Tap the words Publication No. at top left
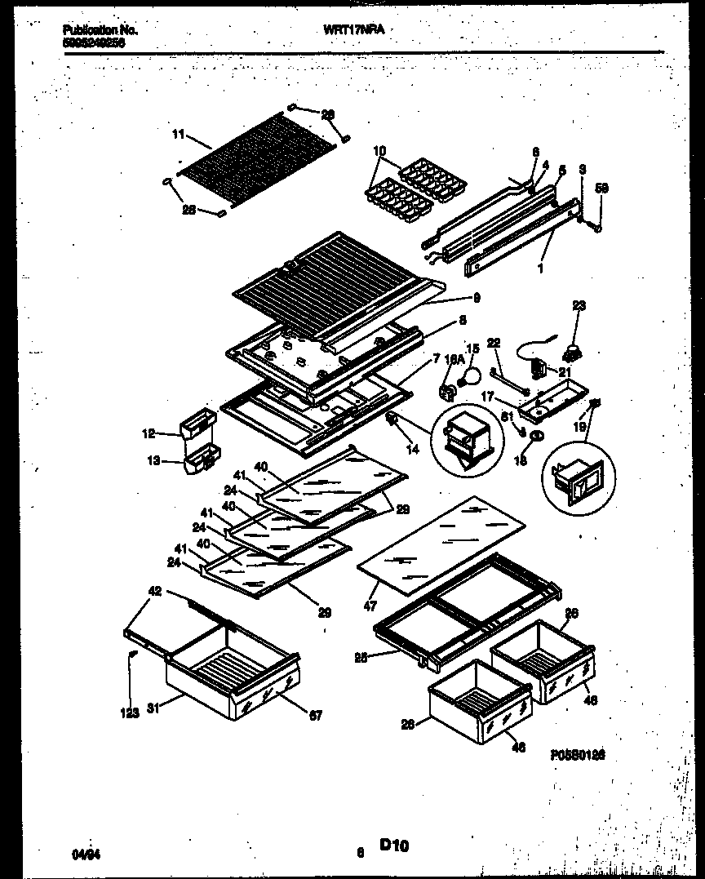(100, 30)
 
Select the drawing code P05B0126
(581, 757)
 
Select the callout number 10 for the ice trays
(379, 151)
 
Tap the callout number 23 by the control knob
(579, 307)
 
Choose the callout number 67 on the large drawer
(315, 716)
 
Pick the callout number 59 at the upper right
(602, 188)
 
